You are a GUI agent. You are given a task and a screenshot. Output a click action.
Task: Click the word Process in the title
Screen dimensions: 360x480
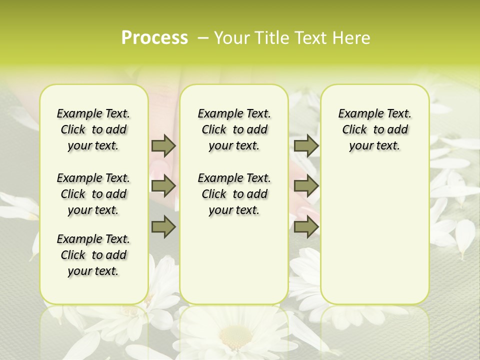tap(154, 37)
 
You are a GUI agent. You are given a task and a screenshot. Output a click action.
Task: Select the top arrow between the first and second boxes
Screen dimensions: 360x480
tap(163, 145)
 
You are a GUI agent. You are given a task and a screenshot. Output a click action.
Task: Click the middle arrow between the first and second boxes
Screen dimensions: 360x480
tap(163, 186)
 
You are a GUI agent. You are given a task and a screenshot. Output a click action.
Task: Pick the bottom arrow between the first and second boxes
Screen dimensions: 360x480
tap(163, 227)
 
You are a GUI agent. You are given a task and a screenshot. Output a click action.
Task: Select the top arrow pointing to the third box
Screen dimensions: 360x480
tap(306, 145)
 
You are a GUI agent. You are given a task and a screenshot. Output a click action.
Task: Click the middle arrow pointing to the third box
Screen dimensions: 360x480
tap(306, 186)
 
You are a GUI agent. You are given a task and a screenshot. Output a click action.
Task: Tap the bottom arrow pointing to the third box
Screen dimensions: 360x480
tap(306, 227)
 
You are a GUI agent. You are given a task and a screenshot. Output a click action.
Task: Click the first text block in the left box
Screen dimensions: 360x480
tap(93, 129)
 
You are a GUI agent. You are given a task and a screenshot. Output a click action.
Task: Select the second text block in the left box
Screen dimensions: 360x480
tap(93, 194)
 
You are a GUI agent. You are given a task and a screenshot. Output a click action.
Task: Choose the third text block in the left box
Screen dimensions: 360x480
tap(93, 255)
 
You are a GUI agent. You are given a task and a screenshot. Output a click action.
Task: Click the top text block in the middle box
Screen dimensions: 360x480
tap(234, 129)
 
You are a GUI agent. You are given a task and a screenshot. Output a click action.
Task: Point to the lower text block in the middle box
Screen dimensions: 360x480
tap(234, 194)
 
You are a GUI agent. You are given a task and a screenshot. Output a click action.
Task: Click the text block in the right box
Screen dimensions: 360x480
tap(374, 129)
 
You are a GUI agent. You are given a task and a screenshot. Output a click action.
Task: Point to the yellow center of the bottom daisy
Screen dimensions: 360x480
tap(235, 334)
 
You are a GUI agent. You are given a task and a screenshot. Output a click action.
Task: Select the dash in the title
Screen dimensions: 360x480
tap(203, 37)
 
